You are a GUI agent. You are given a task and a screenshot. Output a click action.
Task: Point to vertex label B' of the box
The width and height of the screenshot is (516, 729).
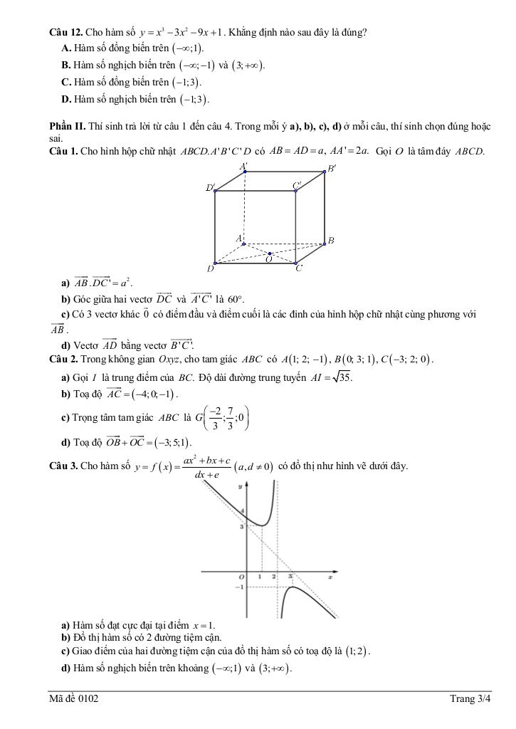[x=331, y=169]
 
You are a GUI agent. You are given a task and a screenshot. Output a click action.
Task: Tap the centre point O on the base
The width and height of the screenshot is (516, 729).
[x=270, y=253]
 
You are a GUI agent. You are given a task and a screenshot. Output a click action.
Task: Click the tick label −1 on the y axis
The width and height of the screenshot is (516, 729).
[x=239, y=587]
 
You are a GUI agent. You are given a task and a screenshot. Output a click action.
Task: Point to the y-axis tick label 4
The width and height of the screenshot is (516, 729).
[x=242, y=511]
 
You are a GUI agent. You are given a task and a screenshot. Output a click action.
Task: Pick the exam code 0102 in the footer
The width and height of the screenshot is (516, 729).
[x=88, y=699]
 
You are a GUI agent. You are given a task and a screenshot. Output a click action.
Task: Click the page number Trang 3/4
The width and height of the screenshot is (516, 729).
[x=470, y=699]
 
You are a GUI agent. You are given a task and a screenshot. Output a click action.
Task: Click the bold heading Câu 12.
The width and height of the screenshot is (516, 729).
[x=65, y=32]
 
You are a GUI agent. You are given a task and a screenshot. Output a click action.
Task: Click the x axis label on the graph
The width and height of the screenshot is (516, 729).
[x=330, y=577]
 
